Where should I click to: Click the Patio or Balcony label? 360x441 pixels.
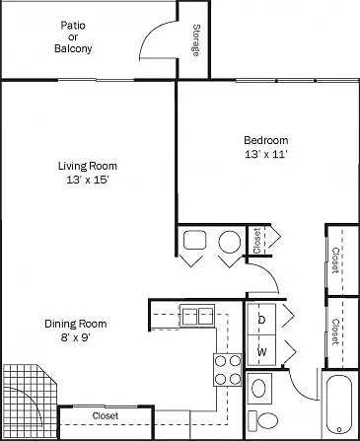(73, 37)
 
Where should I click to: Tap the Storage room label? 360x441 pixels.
(196, 40)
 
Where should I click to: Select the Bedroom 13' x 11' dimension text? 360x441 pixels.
(266, 154)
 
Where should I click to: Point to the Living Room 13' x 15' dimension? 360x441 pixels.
(88, 180)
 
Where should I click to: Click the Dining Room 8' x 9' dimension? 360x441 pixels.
(76, 337)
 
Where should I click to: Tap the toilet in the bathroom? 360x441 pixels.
(263, 420)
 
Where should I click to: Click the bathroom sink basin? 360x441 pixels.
(259, 388)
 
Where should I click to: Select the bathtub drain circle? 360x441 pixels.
(339, 429)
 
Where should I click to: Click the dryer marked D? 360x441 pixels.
(261, 319)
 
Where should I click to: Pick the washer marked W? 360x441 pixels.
(261, 350)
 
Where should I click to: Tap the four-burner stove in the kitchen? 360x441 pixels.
(228, 370)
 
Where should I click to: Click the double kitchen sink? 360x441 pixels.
(197, 316)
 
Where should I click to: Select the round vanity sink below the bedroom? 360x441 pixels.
(230, 242)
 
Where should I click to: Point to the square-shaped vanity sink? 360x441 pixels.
(195, 240)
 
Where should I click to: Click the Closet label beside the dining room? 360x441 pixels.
(106, 416)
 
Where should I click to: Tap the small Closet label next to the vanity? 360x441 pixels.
(256, 241)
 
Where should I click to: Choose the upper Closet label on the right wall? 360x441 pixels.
(335, 260)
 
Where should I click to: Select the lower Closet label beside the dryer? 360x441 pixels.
(335, 332)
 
